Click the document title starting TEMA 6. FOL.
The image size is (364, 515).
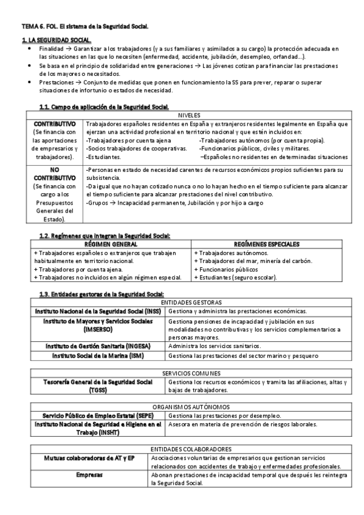[84, 27]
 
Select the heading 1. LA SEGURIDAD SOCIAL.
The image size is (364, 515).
[48, 39]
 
